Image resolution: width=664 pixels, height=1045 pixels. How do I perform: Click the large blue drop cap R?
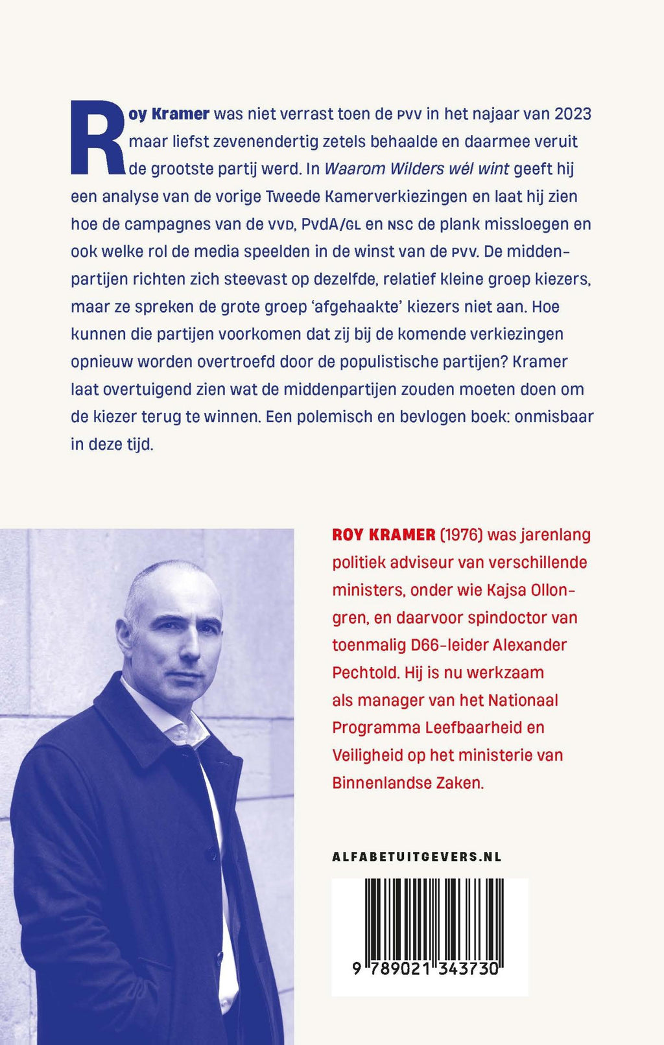click(x=97, y=137)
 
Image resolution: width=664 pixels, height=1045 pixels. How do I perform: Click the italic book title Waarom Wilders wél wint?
click(x=417, y=169)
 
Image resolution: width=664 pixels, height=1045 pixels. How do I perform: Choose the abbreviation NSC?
click(x=400, y=225)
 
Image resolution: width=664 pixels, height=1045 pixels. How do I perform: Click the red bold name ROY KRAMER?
click(x=383, y=535)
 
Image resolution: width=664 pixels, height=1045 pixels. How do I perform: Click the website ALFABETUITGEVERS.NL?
click(x=416, y=856)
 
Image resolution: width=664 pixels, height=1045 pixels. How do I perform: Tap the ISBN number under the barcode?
click(x=425, y=969)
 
